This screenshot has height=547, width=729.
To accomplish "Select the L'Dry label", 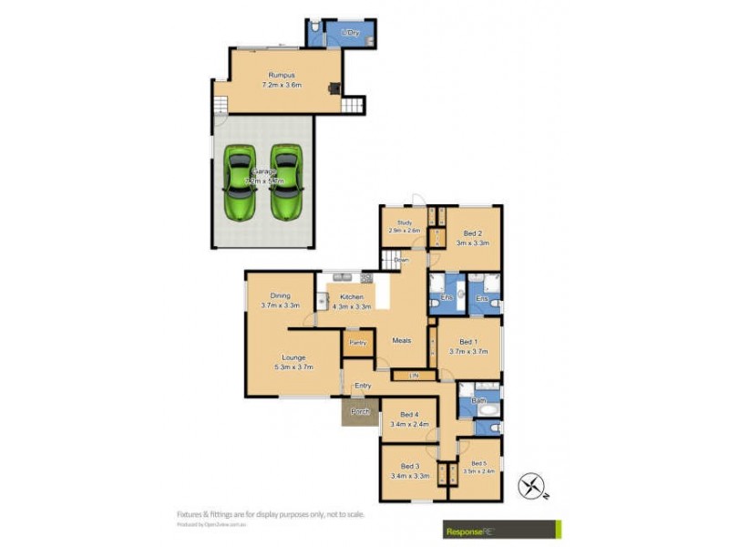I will pyautogui.click(x=349, y=34).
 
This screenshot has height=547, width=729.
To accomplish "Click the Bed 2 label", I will pyautogui.click(x=473, y=233).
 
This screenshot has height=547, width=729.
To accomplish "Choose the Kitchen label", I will pyautogui.click(x=352, y=297).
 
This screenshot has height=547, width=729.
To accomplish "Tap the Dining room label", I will pyautogui.click(x=280, y=294).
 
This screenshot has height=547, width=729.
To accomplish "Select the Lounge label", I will pyautogui.click(x=293, y=357).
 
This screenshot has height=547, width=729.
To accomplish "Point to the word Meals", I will pyautogui.click(x=402, y=341).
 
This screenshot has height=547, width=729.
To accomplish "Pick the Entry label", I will pyautogui.click(x=363, y=386).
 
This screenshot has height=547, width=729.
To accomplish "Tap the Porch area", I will pyautogui.click(x=360, y=412).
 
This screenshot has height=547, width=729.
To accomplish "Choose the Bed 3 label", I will pyautogui.click(x=409, y=466).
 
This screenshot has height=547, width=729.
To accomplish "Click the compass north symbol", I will pyautogui.click(x=530, y=486).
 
